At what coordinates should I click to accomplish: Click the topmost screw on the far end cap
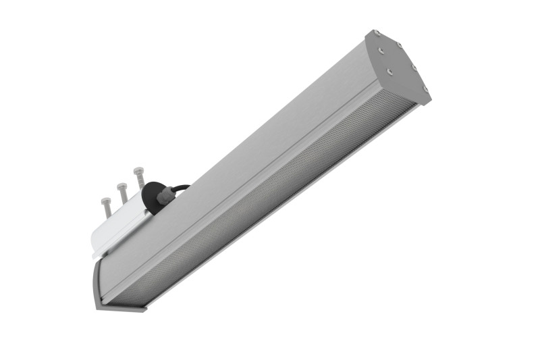(377, 33)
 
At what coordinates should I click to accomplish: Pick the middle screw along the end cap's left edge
(390, 69)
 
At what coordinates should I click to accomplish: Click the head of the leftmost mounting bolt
(105, 201)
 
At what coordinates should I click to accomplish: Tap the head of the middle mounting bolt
(122, 185)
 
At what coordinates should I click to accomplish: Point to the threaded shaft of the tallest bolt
(140, 181)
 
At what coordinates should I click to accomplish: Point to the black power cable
(181, 188)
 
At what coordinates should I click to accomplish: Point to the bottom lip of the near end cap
(122, 307)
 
